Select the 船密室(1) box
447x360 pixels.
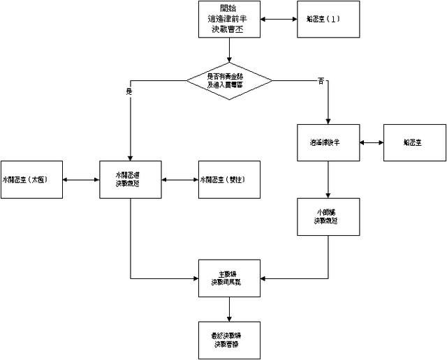click(328, 20)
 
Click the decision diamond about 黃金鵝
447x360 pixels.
click(228, 80)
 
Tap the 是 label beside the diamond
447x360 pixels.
click(129, 91)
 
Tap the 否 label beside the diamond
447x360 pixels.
click(321, 82)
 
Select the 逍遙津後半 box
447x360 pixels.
click(328, 142)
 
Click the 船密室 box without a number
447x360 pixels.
click(413, 142)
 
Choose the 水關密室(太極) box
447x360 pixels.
click(32, 180)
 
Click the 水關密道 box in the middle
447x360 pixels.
click(131, 180)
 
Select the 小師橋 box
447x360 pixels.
click(328, 216)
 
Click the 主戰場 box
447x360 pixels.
click(229, 278)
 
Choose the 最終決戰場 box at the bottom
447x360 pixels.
click(229, 340)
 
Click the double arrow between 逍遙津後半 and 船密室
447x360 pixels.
click(371, 142)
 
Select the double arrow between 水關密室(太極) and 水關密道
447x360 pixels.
click(81, 180)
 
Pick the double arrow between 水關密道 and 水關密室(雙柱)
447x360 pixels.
click(179, 180)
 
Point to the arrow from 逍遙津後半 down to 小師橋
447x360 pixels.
click(328, 180)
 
